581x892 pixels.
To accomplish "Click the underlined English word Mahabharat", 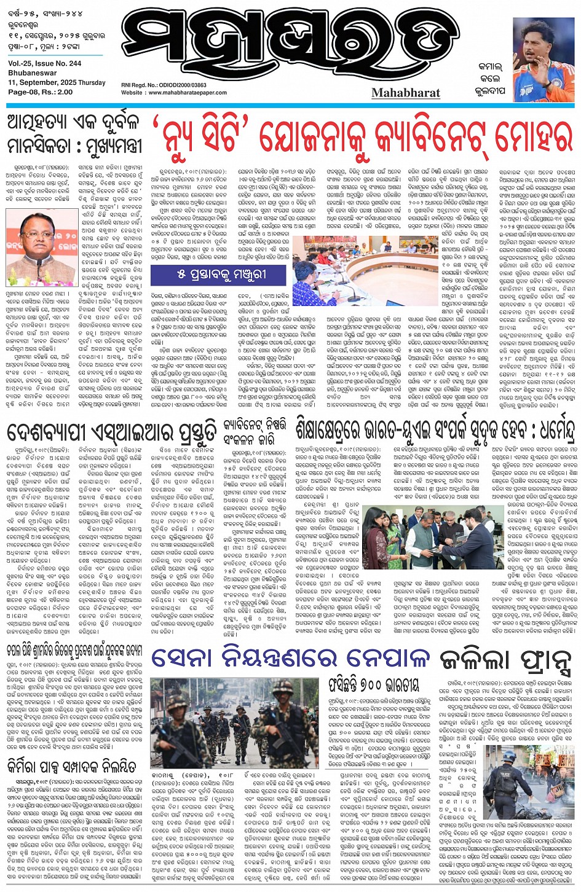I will pos(406,93).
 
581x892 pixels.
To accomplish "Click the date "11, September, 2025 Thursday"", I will pos(57,82).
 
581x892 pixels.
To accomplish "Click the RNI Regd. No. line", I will pos(164,85).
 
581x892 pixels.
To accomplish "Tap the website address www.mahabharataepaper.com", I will pos(174,93).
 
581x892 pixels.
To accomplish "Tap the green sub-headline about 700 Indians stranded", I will pos(374,685).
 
